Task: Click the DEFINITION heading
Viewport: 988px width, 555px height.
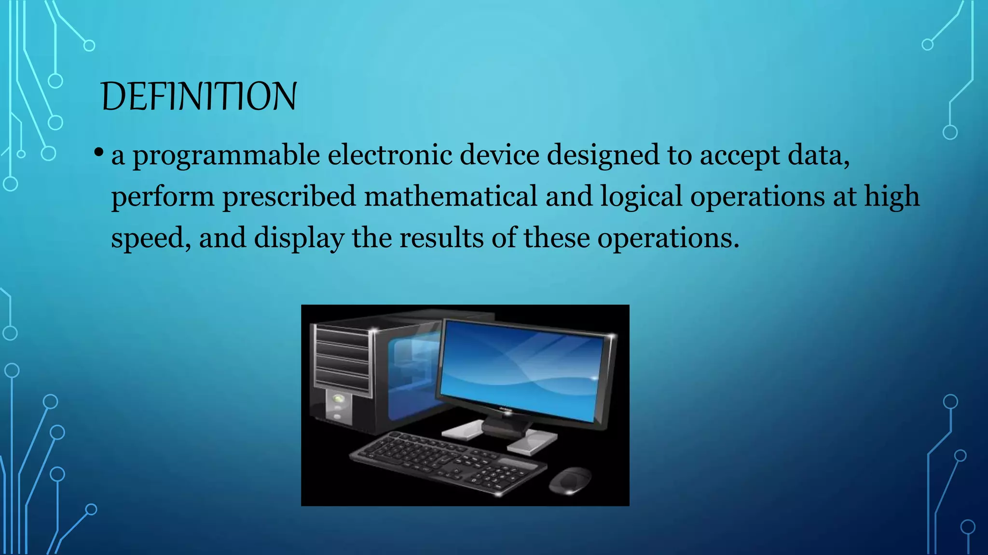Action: pos(199,97)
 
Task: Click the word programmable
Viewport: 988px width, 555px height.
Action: pos(226,156)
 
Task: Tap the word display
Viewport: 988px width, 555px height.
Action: pos(299,238)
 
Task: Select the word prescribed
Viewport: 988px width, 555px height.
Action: pos(289,197)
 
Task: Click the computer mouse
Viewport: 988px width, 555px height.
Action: pos(570,480)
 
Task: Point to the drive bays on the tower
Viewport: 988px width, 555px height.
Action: pos(342,359)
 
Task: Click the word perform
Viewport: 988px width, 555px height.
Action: pos(163,197)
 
